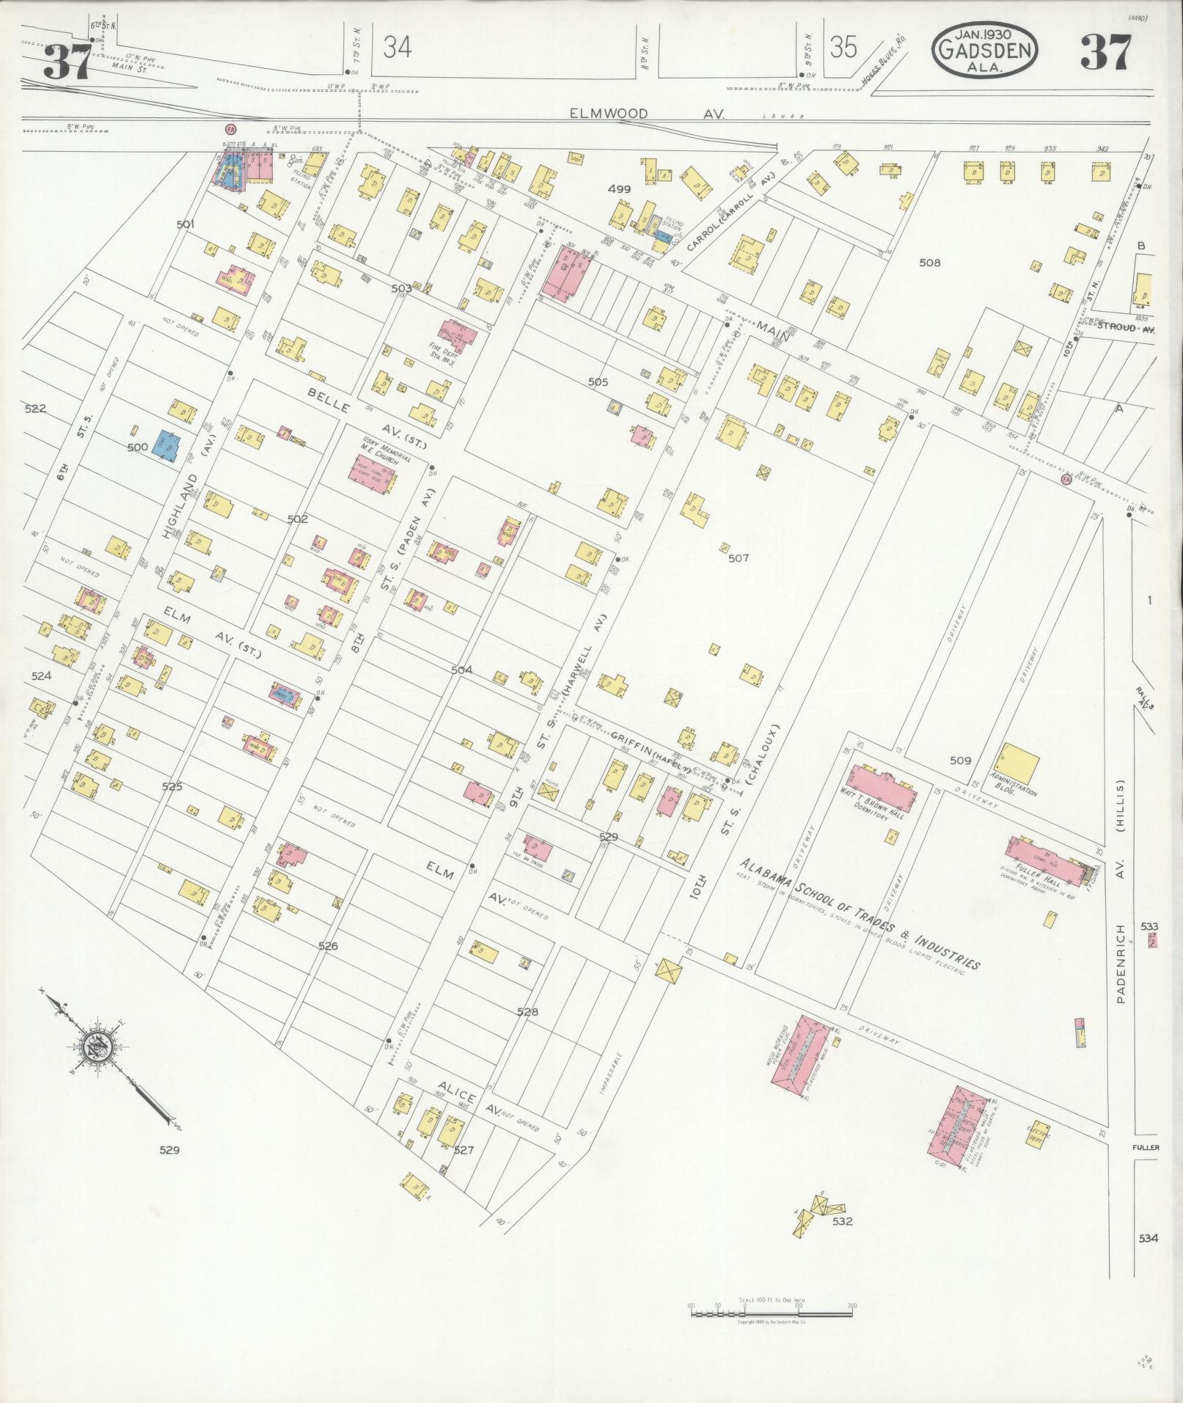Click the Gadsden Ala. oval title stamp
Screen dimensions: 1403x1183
click(x=984, y=50)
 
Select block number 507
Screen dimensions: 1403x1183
click(x=738, y=558)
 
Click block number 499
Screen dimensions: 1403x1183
click(x=620, y=189)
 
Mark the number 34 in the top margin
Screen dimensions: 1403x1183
click(x=397, y=48)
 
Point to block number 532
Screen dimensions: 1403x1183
click(x=842, y=1222)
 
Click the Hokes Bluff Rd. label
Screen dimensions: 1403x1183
click(x=884, y=65)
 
